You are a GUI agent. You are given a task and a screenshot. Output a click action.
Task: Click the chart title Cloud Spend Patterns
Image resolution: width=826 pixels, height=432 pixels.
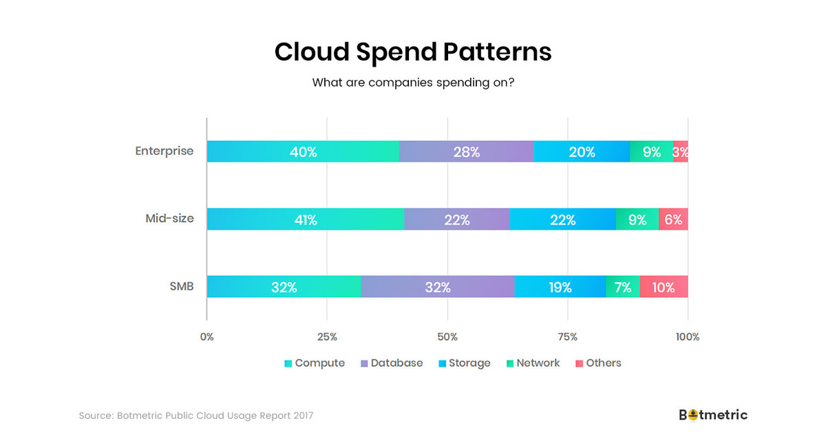click(x=413, y=52)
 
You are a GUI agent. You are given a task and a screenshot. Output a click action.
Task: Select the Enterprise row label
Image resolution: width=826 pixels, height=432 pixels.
click(x=165, y=151)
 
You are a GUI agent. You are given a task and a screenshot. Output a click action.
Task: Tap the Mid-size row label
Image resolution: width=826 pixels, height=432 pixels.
click(x=169, y=219)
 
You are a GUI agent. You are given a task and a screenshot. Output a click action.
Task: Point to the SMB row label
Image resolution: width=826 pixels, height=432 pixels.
click(x=181, y=286)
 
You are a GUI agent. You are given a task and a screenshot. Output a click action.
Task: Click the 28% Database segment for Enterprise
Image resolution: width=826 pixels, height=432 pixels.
click(x=466, y=151)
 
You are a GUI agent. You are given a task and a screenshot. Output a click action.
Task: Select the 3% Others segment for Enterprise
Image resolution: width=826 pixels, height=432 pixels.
click(x=681, y=151)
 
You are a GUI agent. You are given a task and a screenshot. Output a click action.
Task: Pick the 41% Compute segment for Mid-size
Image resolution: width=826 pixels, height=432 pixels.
click(x=305, y=219)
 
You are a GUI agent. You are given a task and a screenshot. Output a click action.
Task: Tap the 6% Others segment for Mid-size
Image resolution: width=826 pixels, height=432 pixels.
click(x=673, y=219)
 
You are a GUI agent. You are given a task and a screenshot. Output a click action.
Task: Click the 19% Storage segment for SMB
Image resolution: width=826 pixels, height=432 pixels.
click(x=560, y=287)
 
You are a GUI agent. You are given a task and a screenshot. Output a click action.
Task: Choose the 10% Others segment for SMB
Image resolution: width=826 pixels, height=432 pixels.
click(x=664, y=287)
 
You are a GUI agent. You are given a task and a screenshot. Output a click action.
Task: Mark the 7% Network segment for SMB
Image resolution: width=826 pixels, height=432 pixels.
click(x=623, y=287)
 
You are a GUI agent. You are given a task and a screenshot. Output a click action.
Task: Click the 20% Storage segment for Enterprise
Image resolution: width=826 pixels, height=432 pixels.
click(x=582, y=151)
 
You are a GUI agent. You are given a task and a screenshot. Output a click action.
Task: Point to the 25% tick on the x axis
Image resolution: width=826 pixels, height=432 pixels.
click(x=327, y=337)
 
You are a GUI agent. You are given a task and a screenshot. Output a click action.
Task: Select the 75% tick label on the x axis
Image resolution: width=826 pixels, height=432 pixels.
click(x=568, y=337)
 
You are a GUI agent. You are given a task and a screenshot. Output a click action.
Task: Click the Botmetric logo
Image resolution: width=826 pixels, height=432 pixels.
click(x=713, y=415)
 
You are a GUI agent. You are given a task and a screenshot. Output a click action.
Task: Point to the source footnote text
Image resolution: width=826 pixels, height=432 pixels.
click(x=196, y=415)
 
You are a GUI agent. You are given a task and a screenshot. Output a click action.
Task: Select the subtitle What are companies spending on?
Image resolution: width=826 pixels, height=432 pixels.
click(x=413, y=83)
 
